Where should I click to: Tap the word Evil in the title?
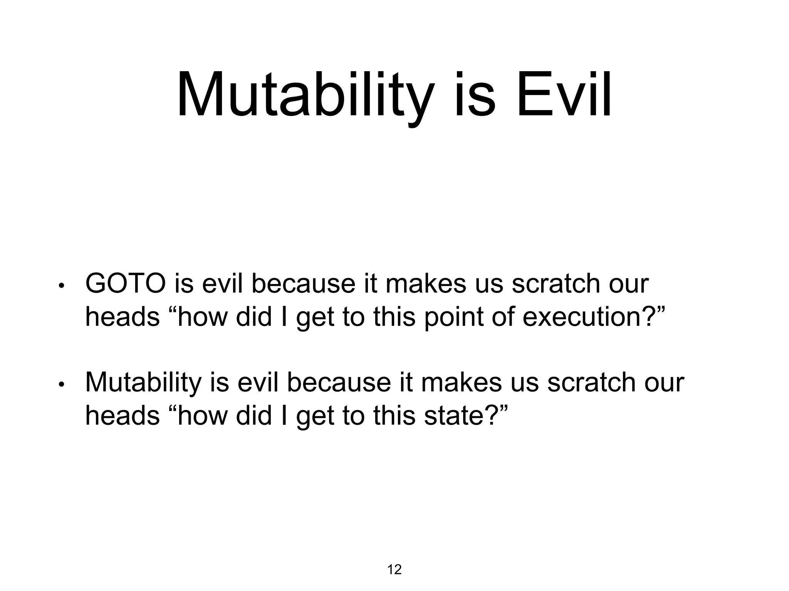click(x=564, y=95)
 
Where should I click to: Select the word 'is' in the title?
click(x=475, y=95)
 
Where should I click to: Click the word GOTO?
click(x=126, y=284)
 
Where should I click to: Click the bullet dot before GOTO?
click(x=61, y=286)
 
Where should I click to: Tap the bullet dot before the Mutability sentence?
click(x=61, y=384)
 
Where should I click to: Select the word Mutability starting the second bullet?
click(x=143, y=382)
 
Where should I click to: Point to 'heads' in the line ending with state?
click(x=122, y=415)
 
